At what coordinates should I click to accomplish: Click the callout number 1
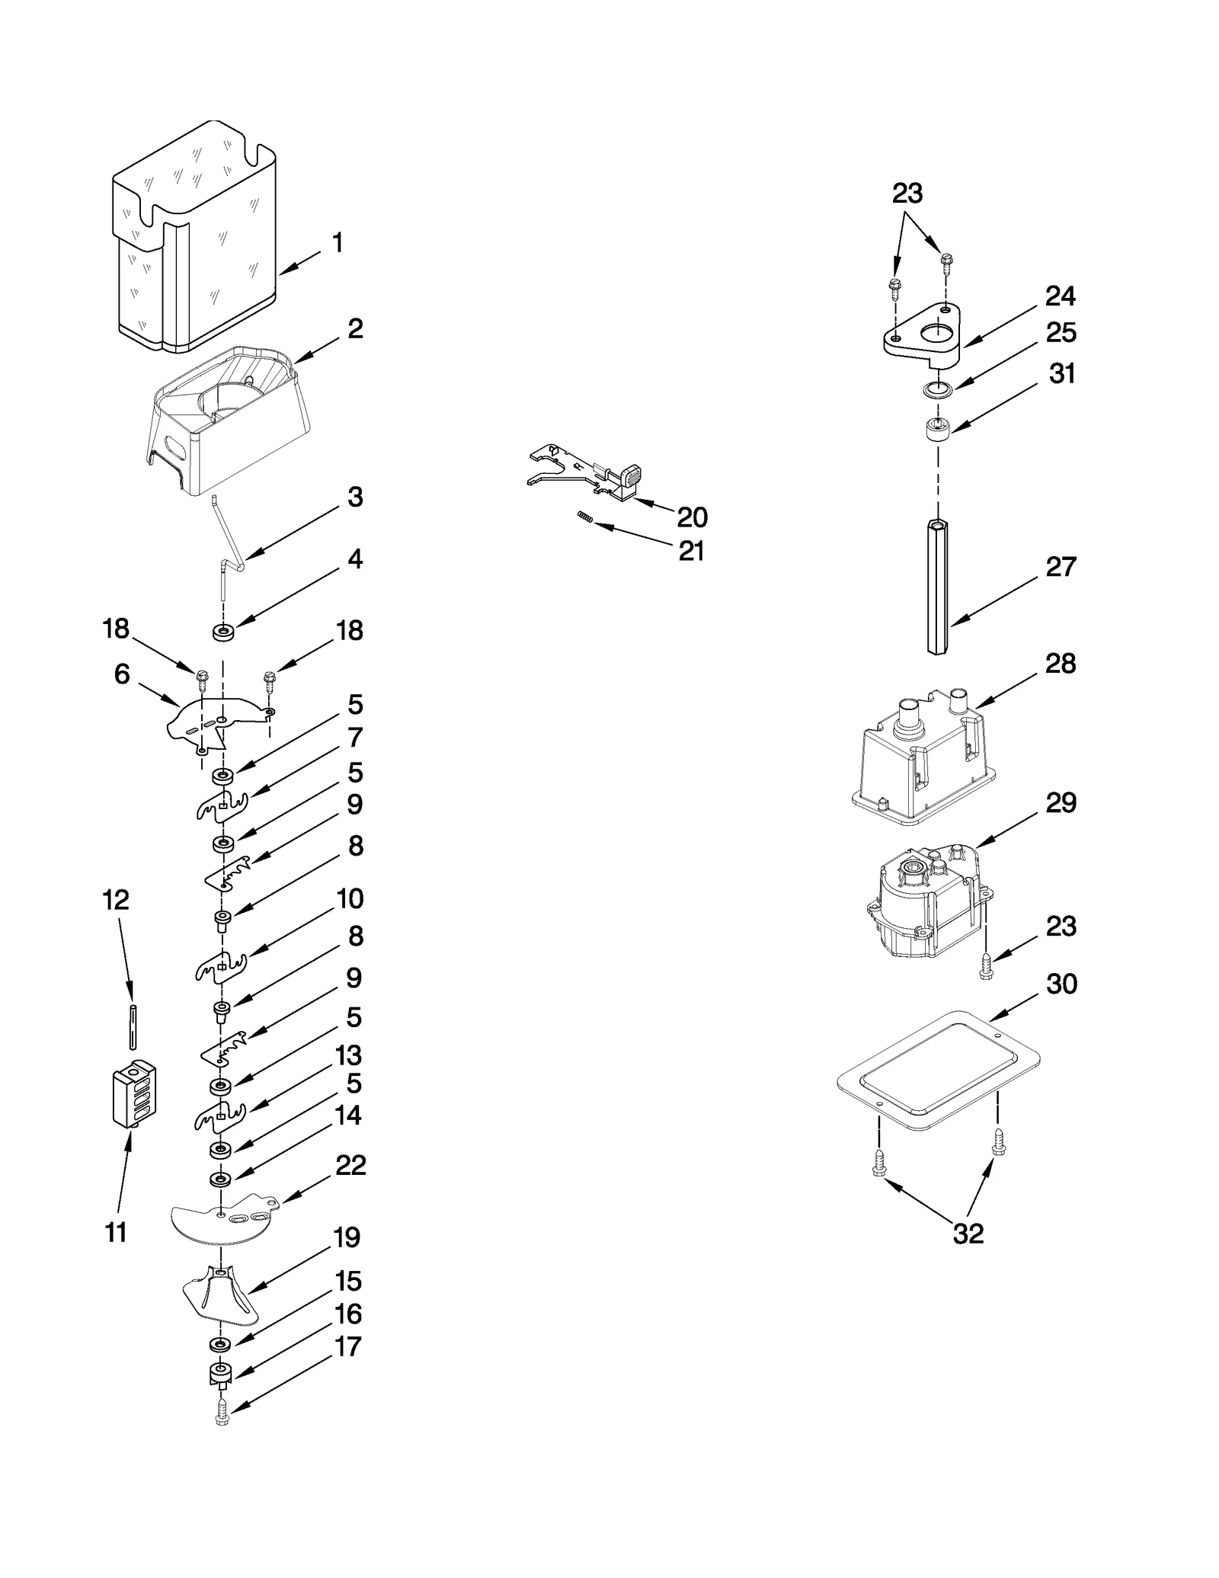338,244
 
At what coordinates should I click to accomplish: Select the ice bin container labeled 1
194,244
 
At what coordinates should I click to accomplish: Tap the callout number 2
355,329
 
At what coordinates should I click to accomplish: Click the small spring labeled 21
584,517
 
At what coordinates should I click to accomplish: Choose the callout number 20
692,517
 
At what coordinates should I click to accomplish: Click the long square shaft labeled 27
938,587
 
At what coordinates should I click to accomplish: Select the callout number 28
1061,664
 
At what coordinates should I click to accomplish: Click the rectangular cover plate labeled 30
937,1067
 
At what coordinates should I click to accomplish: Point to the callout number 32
968,1233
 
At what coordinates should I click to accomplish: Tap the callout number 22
350,1165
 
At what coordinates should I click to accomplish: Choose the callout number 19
347,1237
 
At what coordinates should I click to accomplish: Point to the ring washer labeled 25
938,390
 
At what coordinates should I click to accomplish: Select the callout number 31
1061,373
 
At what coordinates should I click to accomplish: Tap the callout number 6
122,674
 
